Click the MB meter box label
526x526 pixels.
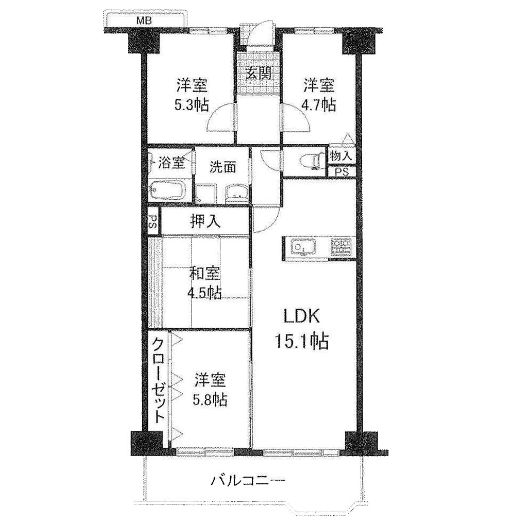(144, 21)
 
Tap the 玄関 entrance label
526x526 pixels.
(258, 73)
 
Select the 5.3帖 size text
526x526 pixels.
(192, 105)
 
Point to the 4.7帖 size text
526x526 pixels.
(318, 105)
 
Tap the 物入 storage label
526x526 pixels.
(341, 156)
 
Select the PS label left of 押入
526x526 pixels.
(153, 221)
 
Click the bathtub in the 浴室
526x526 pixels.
(166, 191)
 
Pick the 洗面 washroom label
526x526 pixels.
(223, 167)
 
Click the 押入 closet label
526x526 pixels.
(205, 221)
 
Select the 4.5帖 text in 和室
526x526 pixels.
(204, 292)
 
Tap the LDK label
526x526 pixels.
(302, 316)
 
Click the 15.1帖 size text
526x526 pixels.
(302, 341)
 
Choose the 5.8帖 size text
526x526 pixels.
(210, 400)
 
